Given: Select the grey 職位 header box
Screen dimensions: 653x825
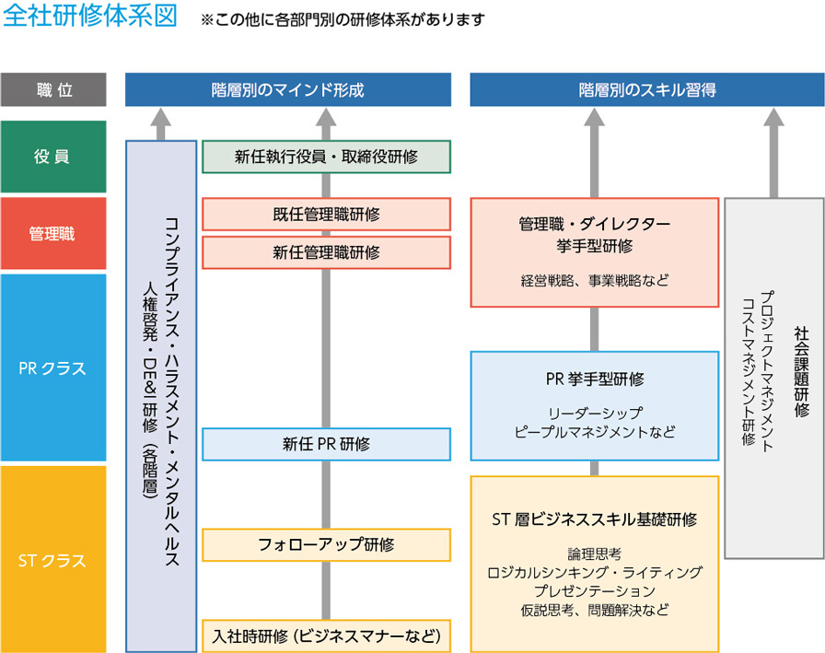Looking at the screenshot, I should tap(54, 90).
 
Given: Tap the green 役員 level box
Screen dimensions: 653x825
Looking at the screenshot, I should tap(54, 156).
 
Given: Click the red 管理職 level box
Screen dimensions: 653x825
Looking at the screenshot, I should tap(54, 233).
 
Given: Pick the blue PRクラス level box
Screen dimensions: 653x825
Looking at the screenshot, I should tap(54, 368).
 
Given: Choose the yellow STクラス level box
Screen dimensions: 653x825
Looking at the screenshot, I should tap(54, 558).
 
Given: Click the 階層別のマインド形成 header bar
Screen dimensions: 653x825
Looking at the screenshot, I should tap(288, 90).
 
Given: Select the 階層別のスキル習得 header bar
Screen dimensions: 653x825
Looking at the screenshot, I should tap(647, 90).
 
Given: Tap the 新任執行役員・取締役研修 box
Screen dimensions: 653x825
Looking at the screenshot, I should tap(326, 157).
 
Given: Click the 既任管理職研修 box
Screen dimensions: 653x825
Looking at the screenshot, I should tap(326, 215).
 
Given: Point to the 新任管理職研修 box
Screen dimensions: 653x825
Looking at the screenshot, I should tap(326, 252).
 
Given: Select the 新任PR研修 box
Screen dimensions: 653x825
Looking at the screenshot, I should tap(326, 444).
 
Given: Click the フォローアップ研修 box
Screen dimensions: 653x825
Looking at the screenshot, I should tap(326, 544).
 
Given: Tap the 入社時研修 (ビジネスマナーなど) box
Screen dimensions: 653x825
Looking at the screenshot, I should tap(326, 636).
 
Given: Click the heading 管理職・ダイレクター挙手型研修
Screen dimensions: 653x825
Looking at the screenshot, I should tap(594, 235).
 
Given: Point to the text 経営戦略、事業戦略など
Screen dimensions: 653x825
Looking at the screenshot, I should tap(594, 279).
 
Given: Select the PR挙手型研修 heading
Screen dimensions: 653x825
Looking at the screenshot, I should tap(594, 379).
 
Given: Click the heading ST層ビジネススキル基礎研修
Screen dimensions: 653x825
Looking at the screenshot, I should tap(594, 519).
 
